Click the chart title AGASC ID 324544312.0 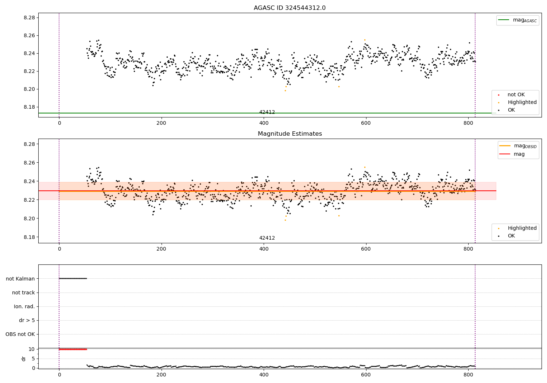coord(290,8)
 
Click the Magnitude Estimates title coord(290,134)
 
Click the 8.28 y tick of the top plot coord(29,18)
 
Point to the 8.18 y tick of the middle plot coord(29,237)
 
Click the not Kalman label coord(20,279)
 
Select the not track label coord(23,293)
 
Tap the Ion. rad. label coord(24,306)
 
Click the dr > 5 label coord(27,320)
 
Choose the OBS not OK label coord(20,334)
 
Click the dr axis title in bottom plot coord(24,359)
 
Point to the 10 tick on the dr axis coord(31,349)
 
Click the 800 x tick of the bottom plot coord(468,375)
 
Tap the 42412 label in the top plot coord(267,112)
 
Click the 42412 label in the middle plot coord(267,238)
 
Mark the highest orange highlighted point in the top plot coord(364,40)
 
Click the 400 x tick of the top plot coord(264,123)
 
